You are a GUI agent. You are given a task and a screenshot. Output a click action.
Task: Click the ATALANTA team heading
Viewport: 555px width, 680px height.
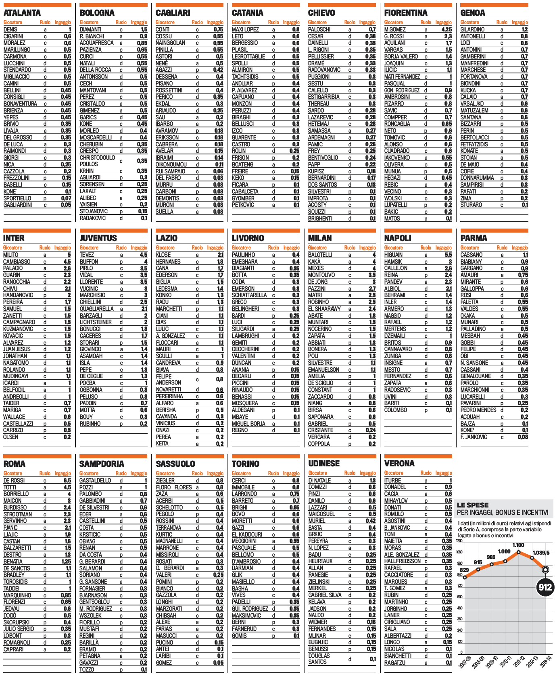coord(22,13)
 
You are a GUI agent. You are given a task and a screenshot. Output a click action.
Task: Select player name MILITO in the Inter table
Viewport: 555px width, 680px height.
coord(11,255)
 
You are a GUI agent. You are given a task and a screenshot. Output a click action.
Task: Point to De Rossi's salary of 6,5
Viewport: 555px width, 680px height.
coord(67,480)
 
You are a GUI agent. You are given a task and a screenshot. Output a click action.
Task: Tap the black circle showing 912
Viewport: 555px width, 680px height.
coord(545,587)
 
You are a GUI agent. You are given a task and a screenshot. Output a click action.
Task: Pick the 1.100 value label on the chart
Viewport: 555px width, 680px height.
coord(518,545)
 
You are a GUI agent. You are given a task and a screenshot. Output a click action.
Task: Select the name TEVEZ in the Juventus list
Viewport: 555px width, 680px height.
coord(87,255)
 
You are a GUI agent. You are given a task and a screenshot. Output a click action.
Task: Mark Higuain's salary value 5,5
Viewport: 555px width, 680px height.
coord(448,255)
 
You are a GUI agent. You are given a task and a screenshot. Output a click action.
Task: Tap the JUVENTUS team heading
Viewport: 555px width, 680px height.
coord(98,238)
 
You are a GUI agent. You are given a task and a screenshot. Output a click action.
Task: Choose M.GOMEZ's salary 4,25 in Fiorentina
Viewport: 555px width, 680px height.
coord(446,29)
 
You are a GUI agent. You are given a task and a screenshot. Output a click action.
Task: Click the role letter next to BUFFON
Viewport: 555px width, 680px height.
coord(121,262)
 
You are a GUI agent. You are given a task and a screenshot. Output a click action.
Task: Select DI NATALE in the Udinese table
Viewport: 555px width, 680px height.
coord(319,480)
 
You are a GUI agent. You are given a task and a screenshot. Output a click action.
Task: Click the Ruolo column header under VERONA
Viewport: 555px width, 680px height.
coord(426,473)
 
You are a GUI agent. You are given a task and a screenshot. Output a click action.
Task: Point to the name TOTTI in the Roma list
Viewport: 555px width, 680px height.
coord(10,487)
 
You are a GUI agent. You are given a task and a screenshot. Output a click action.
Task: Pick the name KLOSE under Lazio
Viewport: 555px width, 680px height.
coord(163,255)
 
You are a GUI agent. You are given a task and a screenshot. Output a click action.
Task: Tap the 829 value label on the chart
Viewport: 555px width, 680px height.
coord(464,570)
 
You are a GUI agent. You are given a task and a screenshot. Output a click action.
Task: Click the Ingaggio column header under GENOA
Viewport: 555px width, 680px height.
coord(520,22)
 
